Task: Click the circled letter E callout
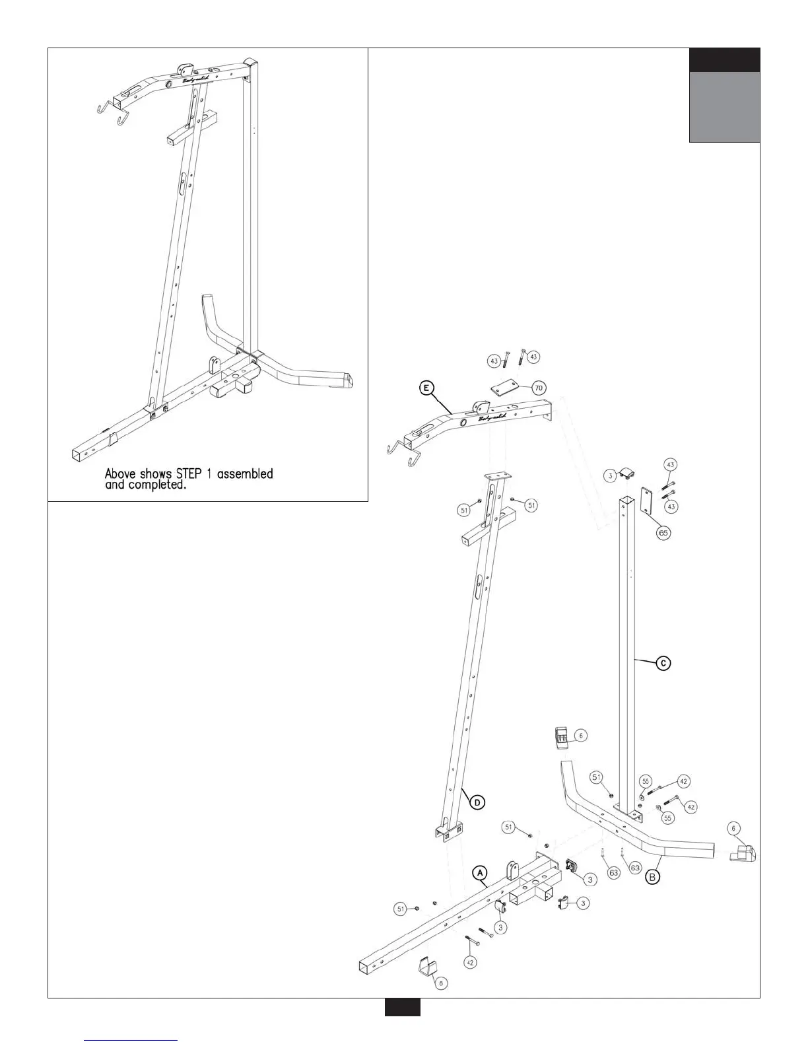(x=426, y=389)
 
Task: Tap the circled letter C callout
(x=663, y=664)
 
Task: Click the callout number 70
(x=539, y=388)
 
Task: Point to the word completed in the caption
(x=162, y=485)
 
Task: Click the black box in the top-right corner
(x=724, y=60)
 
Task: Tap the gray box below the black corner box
(x=724, y=107)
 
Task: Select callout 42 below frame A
(x=470, y=963)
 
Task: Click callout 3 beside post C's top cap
(x=611, y=475)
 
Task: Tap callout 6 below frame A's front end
(x=442, y=983)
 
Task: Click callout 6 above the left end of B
(x=580, y=735)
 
